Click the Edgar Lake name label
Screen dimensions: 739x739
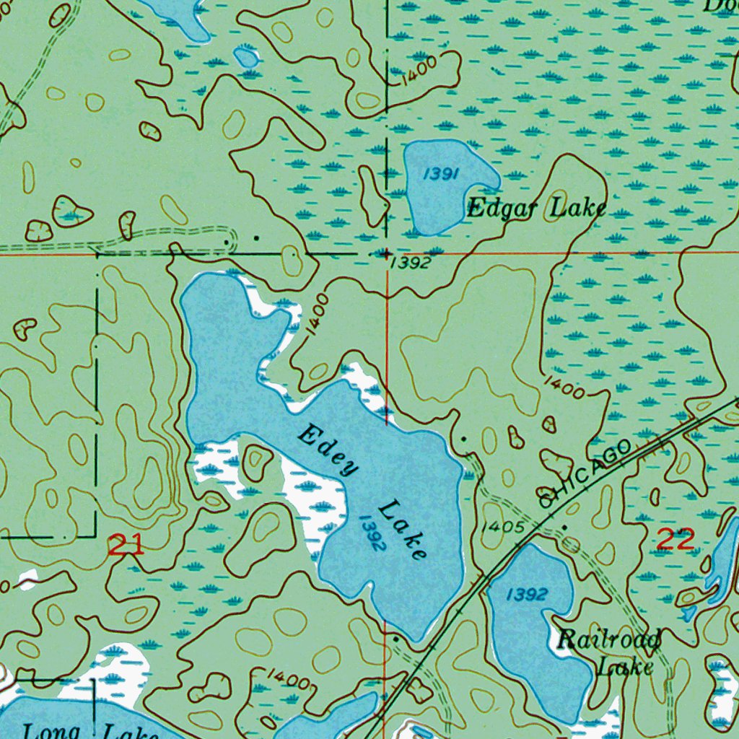tap(535, 209)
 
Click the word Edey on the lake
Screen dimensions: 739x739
tap(328, 452)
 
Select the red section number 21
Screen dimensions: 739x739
tap(126, 545)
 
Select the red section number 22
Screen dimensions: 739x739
tap(675, 539)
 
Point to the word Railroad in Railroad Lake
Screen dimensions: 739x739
tap(610, 639)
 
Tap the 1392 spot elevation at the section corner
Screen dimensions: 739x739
tap(411, 263)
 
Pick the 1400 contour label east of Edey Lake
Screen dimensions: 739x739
tap(564, 387)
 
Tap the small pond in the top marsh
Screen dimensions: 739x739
tap(247, 56)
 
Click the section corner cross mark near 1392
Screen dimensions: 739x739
tap(387, 254)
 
